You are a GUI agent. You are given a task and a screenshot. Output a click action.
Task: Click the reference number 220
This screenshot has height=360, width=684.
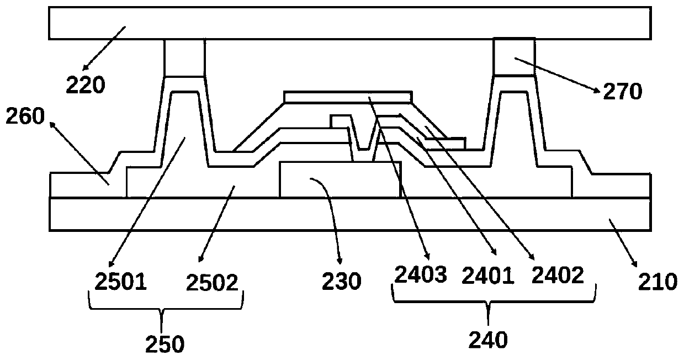click(x=85, y=85)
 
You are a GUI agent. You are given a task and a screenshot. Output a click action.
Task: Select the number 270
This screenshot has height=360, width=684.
click(x=622, y=92)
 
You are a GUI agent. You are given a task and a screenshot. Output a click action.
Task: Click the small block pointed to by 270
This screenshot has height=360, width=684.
click(x=513, y=56)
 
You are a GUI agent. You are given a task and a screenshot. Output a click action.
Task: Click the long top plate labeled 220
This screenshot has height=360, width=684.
click(x=348, y=23)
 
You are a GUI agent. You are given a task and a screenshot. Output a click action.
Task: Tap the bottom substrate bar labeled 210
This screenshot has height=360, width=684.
click(x=348, y=214)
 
